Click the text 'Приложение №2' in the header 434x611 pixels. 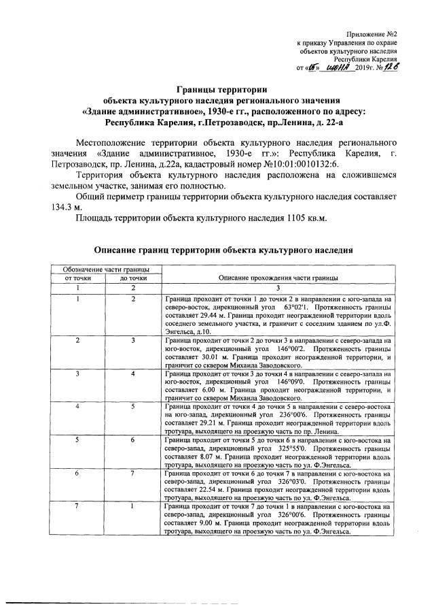pyautogui.click(x=369, y=33)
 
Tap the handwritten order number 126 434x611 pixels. pyautogui.click(x=388, y=67)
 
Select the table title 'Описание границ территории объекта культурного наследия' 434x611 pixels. pyautogui.click(x=222, y=250)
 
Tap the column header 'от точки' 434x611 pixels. pyautogui.click(x=77, y=278)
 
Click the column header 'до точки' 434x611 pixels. pyautogui.click(x=133, y=278)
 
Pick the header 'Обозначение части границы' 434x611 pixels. pyautogui.click(x=105, y=270)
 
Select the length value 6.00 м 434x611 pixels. pyautogui.click(x=204, y=392)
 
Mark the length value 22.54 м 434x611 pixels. pyautogui.click(x=206, y=489)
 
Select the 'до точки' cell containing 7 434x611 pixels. pyautogui.click(x=133, y=472)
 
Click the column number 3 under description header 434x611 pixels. pyautogui.click(x=278, y=288)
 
